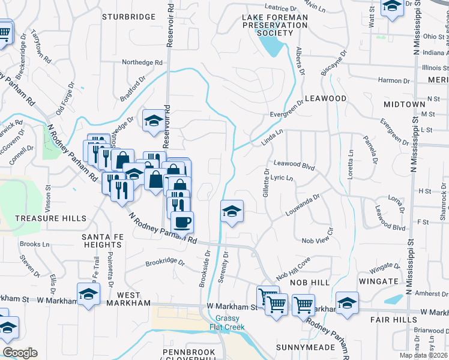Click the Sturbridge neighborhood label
pos(128,16)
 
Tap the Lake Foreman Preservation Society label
pos(274,25)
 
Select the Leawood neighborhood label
pos(326,98)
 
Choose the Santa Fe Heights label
pos(103,241)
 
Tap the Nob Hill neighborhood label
pos(310,282)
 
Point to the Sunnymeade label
pos(305,347)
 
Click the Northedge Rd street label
pos(142,62)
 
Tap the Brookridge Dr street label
pos(165,262)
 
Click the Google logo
pos(20,353)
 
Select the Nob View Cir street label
pos(317,240)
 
